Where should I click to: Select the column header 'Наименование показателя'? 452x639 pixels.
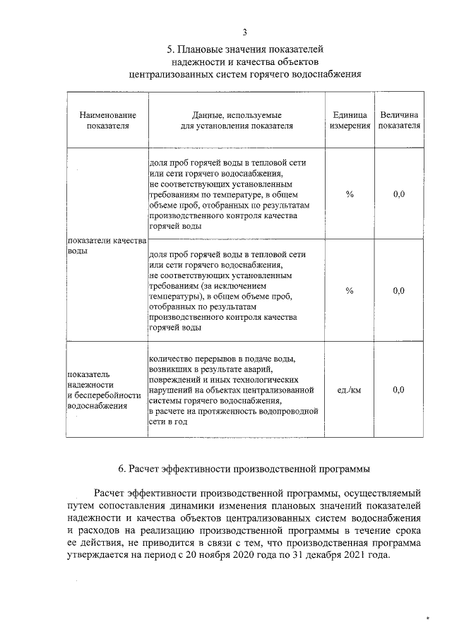pyautogui.click(x=108, y=120)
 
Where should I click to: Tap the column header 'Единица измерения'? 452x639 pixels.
pyautogui.click(x=350, y=120)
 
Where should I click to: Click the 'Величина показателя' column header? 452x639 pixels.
pyautogui.click(x=399, y=120)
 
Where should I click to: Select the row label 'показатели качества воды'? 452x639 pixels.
pyautogui.click(x=106, y=246)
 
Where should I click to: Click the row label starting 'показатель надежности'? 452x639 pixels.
pyautogui.click(x=95, y=390)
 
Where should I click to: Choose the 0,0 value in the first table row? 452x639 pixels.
pyautogui.click(x=399, y=193)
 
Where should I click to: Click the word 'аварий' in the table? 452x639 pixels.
pyautogui.click(x=258, y=369)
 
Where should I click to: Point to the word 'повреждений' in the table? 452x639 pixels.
pyautogui.click(x=174, y=380)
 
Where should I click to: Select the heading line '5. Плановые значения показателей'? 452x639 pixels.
pyautogui.click(x=244, y=50)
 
